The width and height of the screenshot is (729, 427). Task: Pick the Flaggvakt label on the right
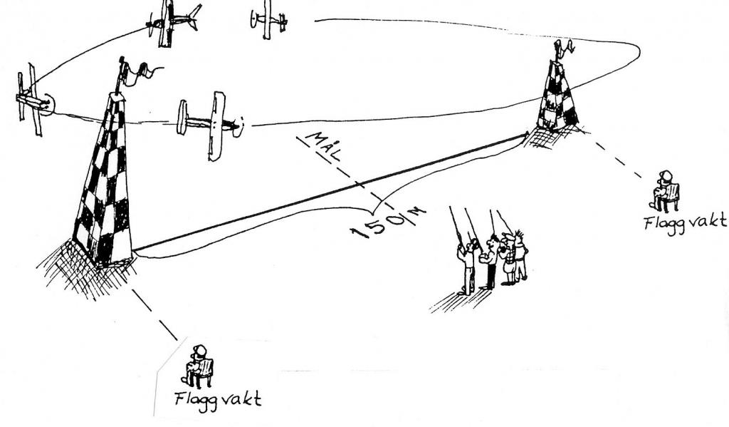coord(685,221)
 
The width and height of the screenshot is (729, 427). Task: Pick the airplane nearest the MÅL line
coord(211,124)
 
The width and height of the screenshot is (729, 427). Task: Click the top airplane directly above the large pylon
coord(171,21)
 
